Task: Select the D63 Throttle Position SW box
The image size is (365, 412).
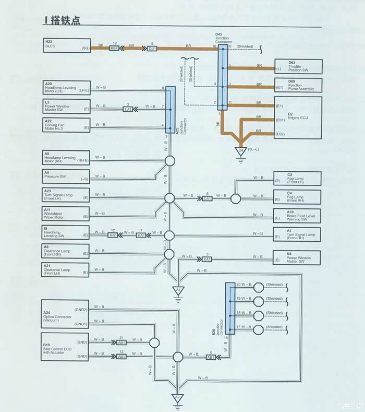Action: (x=298, y=66)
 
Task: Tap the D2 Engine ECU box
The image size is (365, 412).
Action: (x=298, y=117)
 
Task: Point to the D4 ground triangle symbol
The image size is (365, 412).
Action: (x=241, y=151)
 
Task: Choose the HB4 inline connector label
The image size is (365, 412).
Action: (x=114, y=48)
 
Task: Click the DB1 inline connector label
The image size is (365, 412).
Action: (x=152, y=48)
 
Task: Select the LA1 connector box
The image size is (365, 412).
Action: (x=128, y=109)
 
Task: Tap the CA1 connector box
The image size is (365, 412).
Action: (x=207, y=198)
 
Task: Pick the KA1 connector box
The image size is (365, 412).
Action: (x=207, y=259)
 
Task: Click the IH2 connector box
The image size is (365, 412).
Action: (x=113, y=236)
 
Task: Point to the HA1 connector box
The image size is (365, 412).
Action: (x=141, y=236)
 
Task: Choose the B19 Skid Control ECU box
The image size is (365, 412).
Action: (x=66, y=349)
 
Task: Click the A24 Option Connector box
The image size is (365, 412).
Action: (x=66, y=317)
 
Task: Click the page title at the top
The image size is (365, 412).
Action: (x=62, y=20)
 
